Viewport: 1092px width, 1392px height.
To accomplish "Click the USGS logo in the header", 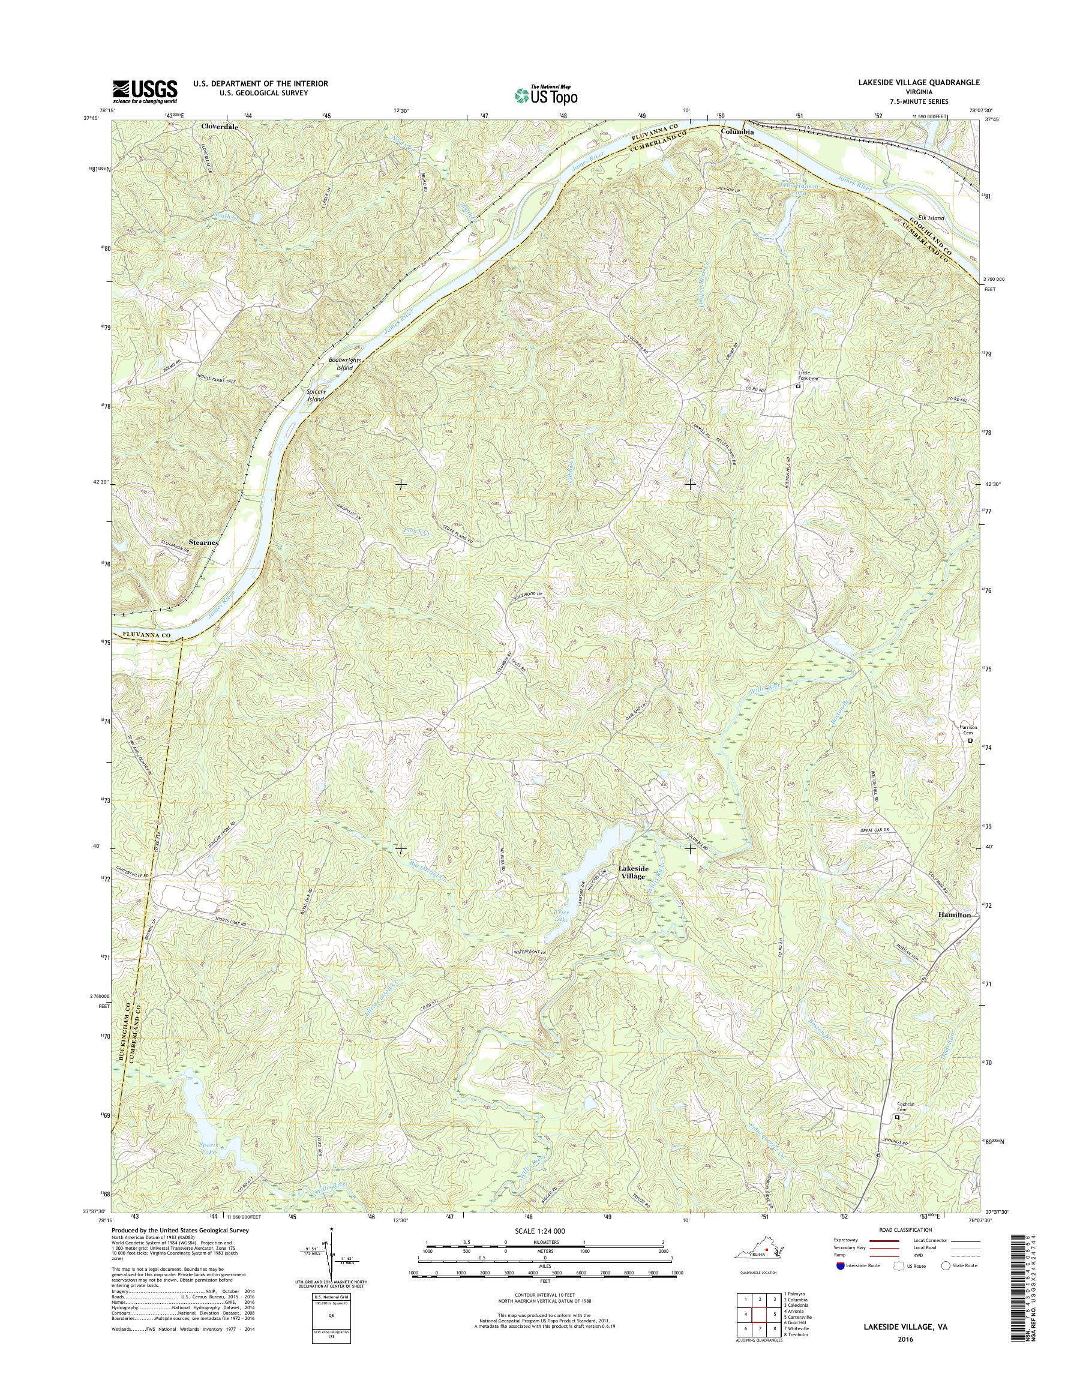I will point(145,91).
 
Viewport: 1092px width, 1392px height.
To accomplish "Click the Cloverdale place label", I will point(219,127).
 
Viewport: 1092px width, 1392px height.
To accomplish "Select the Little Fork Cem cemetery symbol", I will point(797,387).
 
